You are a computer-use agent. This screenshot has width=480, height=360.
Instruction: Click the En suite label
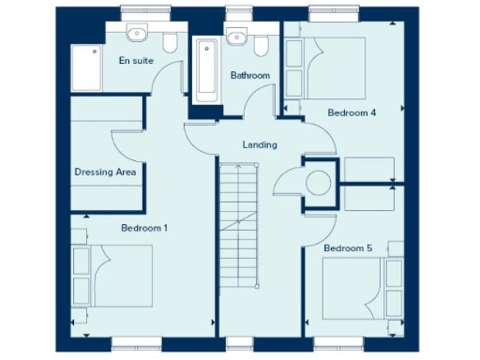coord(135,60)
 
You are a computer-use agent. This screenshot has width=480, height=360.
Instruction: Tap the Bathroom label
coord(250,76)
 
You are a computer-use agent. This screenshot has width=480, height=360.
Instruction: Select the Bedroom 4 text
coord(352,113)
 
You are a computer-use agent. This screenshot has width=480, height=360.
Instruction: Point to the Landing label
coord(259,145)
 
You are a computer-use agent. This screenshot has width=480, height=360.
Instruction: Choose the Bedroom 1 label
coord(145,228)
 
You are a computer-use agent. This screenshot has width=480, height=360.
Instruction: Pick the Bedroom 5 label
coord(348,247)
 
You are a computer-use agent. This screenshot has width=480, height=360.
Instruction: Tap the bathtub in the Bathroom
coord(205,70)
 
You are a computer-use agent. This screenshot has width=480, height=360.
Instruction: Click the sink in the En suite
coord(137,35)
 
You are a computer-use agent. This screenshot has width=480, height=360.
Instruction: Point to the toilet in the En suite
coord(171,42)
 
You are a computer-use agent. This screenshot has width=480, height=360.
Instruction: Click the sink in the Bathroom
coord(236,37)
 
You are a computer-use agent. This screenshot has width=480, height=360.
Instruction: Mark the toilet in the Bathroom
coord(262,44)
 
